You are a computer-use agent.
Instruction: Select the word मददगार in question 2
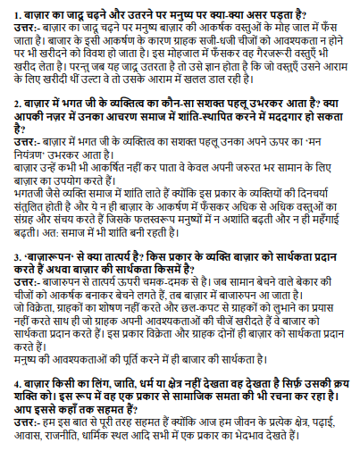266,117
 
